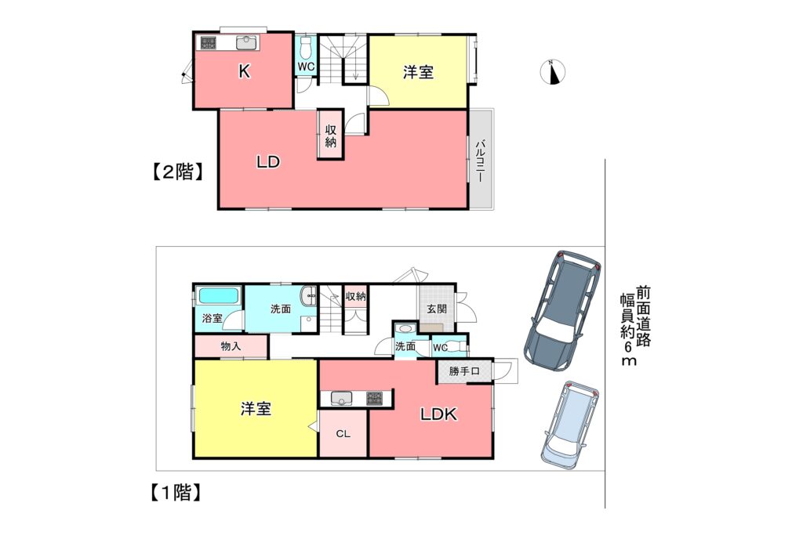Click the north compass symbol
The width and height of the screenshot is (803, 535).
coord(553,71)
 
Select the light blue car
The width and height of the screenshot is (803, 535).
coord(571,424)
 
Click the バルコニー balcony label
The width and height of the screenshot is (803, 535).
coord(480,161)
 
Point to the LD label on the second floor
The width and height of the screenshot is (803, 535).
coord(268,162)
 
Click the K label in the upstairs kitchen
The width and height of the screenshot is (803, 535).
coord(245,71)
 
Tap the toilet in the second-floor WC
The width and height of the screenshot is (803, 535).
coord(307,48)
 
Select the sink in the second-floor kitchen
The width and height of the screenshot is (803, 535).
coord(246,42)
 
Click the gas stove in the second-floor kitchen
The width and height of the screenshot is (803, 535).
coord(209,42)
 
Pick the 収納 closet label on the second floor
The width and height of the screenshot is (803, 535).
coord(331,136)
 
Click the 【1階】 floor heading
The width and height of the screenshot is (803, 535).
coord(175,493)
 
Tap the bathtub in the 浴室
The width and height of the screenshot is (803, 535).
coord(219,296)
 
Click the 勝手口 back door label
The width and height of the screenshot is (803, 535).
coord(464,371)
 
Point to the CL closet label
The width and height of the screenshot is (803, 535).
coord(343,434)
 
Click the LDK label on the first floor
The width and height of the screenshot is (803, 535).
coord(439,414)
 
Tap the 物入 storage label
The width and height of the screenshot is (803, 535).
coord(231,346)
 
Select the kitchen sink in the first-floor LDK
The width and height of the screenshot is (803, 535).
coord(341,398)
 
